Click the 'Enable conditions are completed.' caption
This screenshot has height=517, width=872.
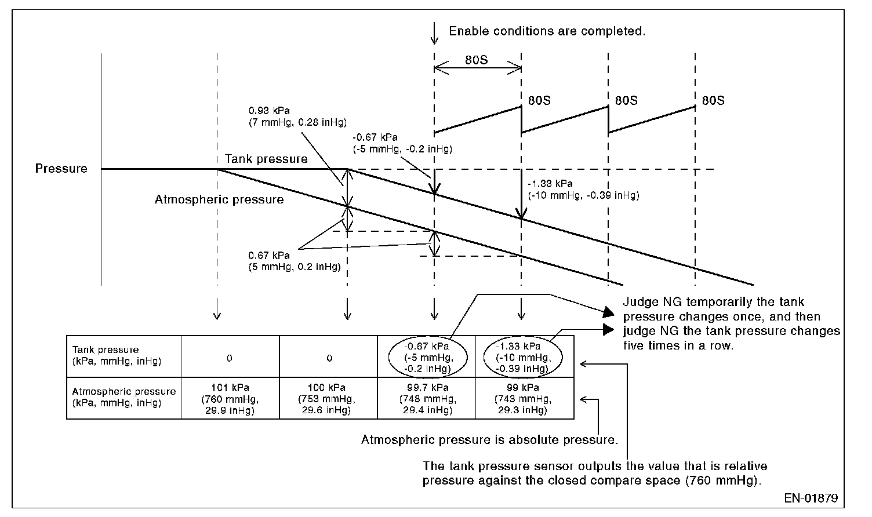point(547,31)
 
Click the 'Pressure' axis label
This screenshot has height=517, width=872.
point(61,169)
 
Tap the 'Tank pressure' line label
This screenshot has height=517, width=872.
point(266,159)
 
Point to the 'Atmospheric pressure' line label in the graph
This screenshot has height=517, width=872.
point(219,200)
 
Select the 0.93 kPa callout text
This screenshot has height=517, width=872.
point(297,116)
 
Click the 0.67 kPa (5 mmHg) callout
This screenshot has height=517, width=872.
point(294,261)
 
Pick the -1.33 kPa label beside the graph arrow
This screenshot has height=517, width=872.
point(583,190)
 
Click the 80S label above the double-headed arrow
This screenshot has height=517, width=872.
point(477,60)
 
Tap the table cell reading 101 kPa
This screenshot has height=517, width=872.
point(230,399)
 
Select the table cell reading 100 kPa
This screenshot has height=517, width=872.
point(328,399)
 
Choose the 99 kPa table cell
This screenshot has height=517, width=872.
point(524,399)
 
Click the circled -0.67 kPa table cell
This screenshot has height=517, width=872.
point(427,356)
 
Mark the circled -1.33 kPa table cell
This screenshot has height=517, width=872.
point(523,356)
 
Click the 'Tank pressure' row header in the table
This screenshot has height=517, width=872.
point(117,355)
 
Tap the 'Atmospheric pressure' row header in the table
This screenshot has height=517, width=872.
point(123,398)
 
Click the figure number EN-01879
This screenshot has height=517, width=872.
point(811,498)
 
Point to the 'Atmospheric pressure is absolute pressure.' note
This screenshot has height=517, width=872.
point(489,440)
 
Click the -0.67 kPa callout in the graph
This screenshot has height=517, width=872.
point(402,143)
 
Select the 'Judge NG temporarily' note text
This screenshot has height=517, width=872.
point(731,324)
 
